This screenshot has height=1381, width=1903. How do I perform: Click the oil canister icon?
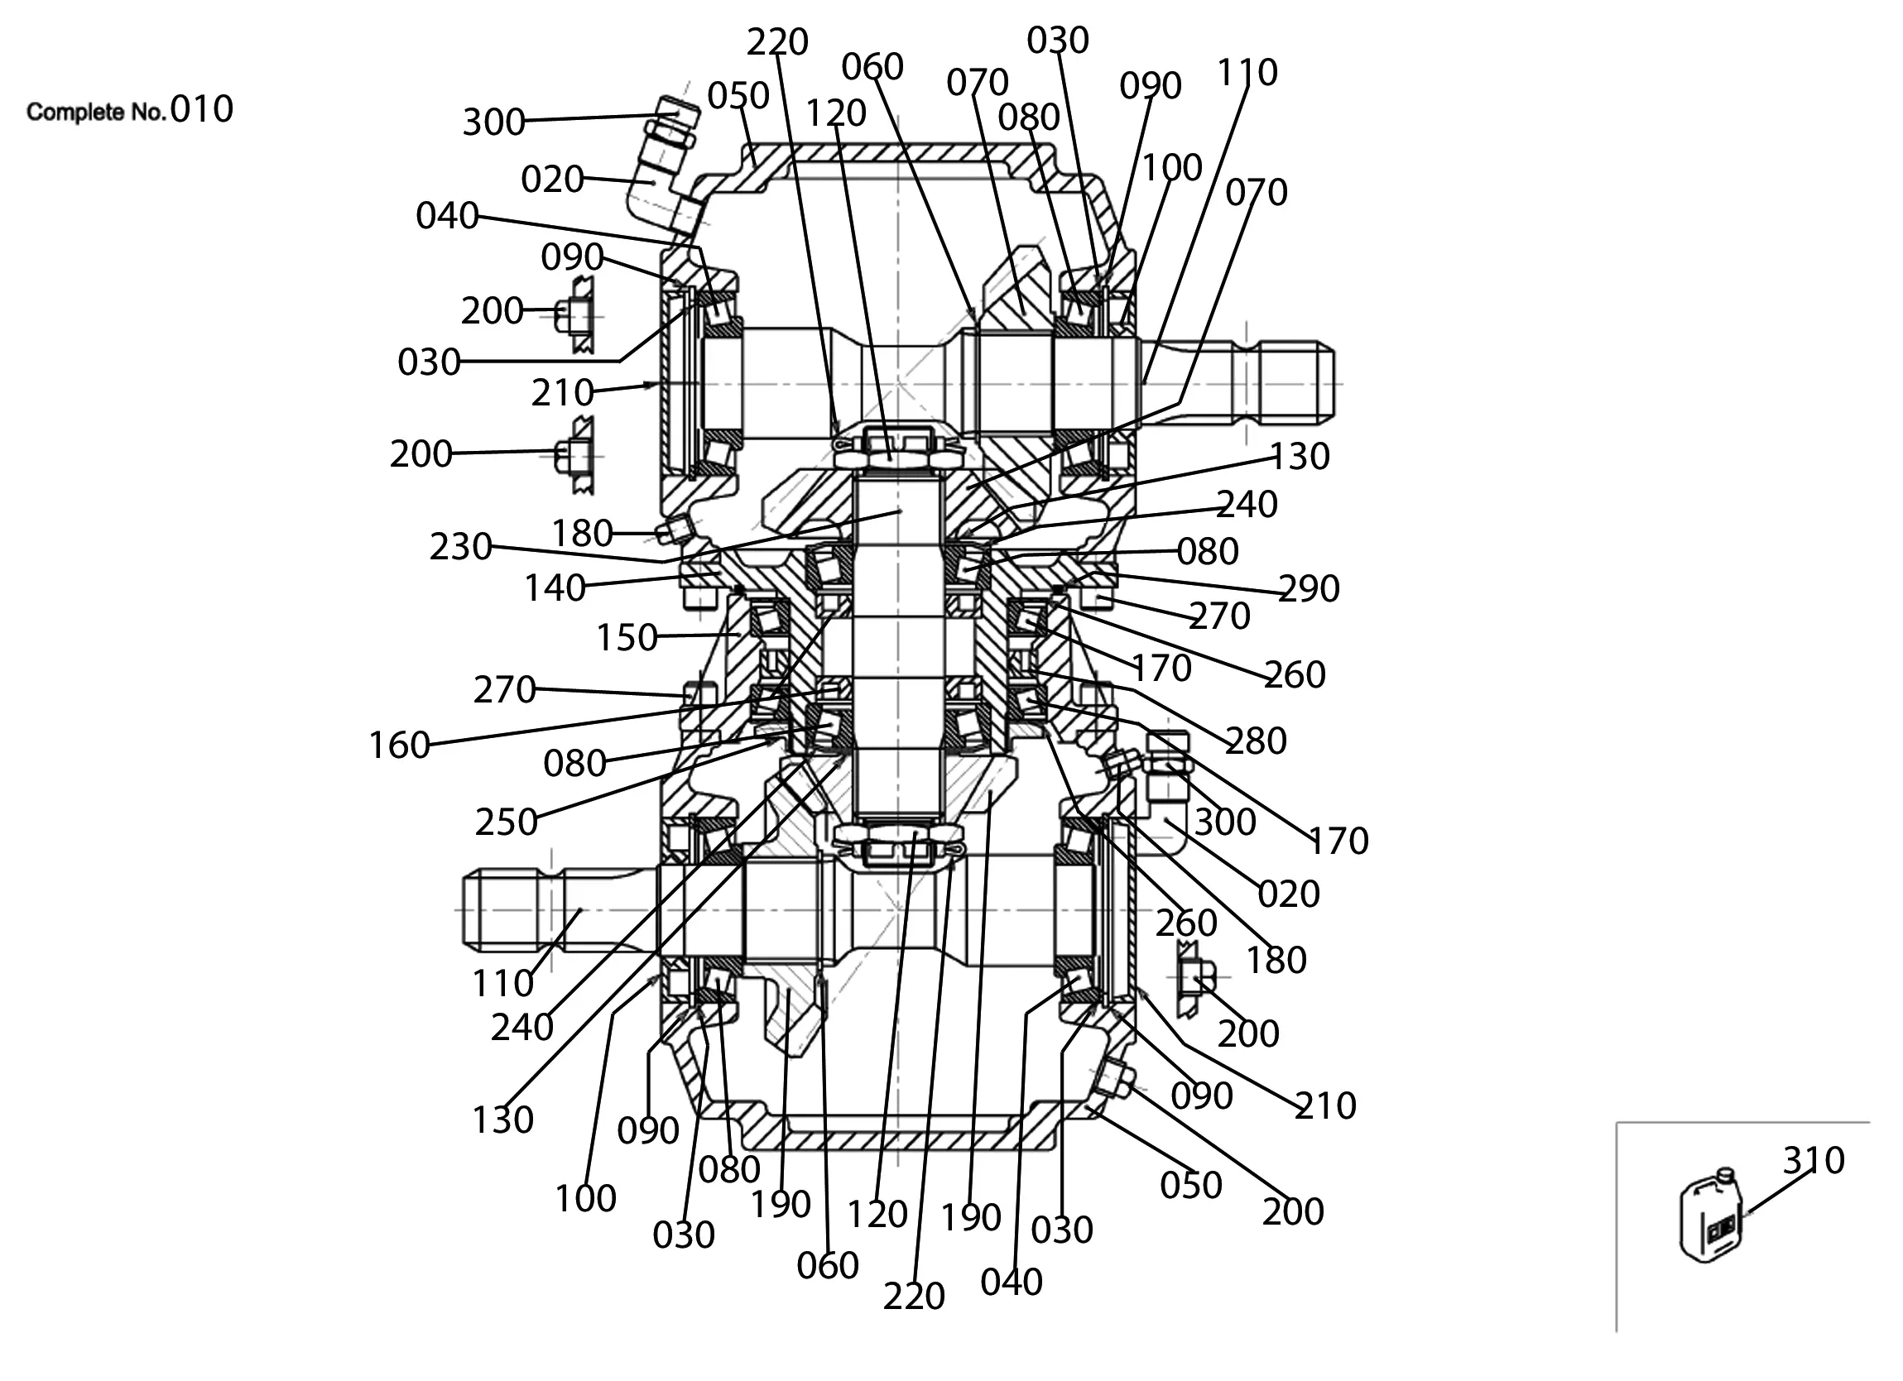[1712, 1217]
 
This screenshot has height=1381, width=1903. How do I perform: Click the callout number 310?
[1814, 1160]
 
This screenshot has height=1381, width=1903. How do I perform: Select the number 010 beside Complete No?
[201, 110]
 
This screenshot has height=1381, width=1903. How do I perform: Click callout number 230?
[461, 547]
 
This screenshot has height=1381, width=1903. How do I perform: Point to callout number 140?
[555, 588]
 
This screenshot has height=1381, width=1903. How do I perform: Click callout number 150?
[626, 638]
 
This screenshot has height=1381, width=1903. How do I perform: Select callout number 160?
[400, 745]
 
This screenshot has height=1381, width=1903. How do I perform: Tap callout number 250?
[506, 822]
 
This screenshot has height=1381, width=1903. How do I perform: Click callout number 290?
[1309, 589]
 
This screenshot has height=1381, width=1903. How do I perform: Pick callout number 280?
[1256, 741]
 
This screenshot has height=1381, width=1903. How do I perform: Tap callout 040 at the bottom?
[1011, 1282]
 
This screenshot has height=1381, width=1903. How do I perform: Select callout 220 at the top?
[777, 42]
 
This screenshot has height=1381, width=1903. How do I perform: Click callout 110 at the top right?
[1247, 73]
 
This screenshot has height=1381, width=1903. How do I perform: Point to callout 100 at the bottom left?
[585, 1198]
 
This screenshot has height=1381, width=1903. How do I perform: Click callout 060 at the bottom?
[827, 1265]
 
